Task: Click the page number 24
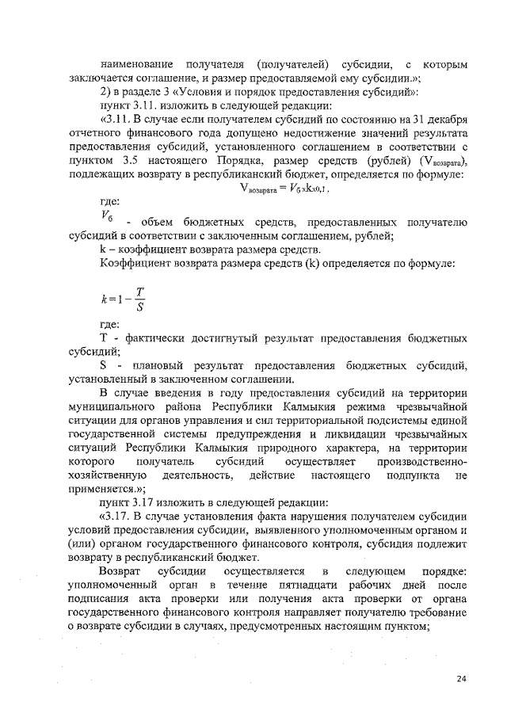pos(462,678)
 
